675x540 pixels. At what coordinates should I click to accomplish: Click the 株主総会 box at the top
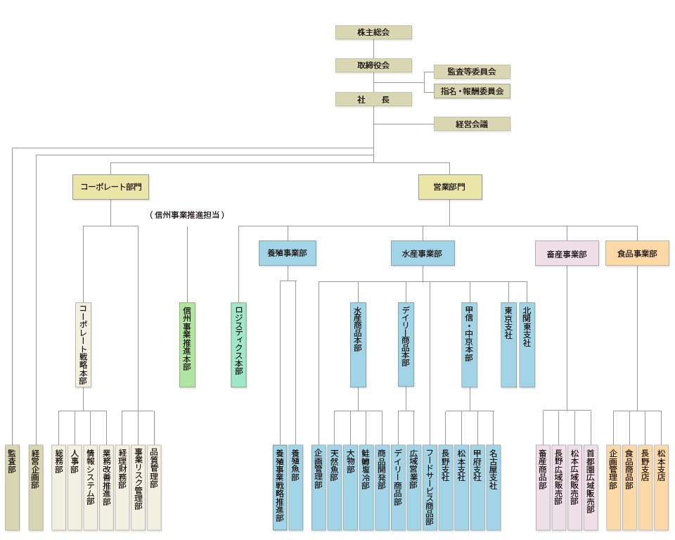click(373, 32)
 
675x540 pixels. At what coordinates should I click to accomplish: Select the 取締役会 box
click(373, 65)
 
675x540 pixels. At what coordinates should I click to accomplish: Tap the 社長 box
click(373, 99)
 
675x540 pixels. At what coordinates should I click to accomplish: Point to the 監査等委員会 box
click(472, 72)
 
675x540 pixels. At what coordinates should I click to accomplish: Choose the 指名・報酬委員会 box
click(472, 91)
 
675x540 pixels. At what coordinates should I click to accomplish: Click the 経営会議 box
click(472, 124)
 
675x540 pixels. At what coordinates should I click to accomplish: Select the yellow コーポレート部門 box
click(110, 187)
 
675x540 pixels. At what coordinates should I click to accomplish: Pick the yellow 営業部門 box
click(450, 187)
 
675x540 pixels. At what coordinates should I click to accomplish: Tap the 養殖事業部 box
click(287, 253)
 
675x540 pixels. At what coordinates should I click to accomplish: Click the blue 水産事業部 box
click(423, 253)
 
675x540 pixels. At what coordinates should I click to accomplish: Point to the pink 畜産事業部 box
click(567, 253)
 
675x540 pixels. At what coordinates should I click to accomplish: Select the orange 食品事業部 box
click(637, 253)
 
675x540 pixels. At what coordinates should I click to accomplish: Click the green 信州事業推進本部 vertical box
click(187, 345)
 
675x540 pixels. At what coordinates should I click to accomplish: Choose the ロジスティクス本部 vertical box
click(239, 345)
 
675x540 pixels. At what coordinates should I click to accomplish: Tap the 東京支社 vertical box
click(508, 345)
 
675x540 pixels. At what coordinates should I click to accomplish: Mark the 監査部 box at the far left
click(12, 487)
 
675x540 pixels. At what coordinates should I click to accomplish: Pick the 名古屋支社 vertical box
click(494, 487)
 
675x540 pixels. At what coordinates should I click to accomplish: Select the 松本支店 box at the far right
click(661, 487)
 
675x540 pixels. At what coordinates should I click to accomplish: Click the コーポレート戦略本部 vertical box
click(84, 345)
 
